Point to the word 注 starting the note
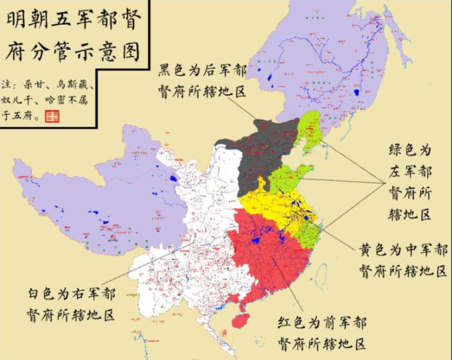click(x=8, y=83)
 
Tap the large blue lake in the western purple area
click(x=173, y=187)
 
